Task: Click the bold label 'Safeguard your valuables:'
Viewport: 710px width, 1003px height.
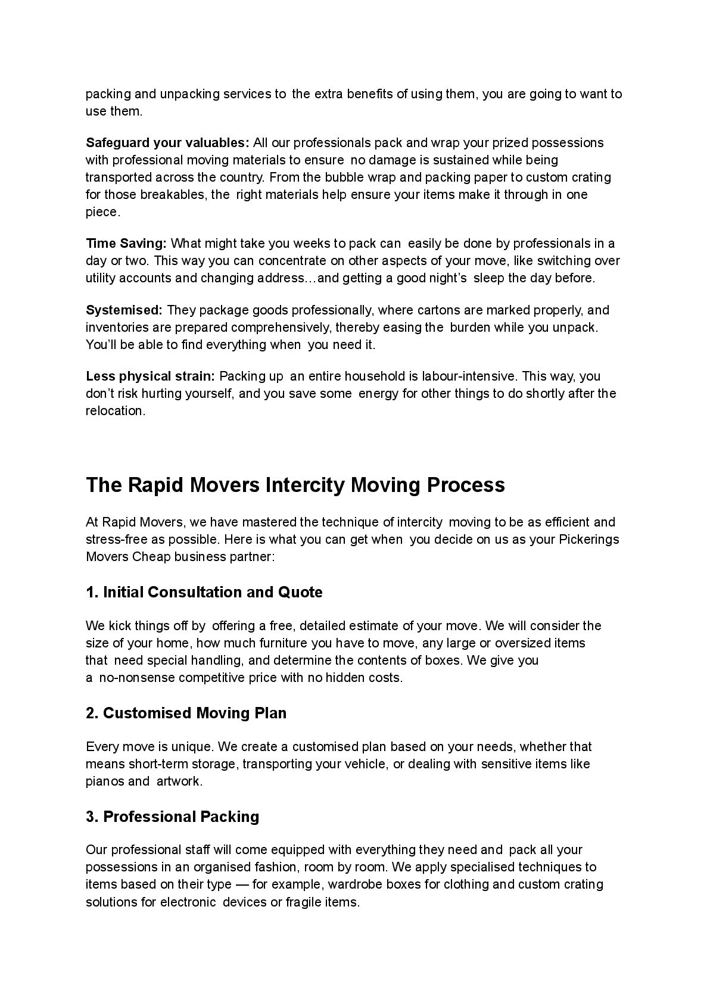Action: tap(167, 143)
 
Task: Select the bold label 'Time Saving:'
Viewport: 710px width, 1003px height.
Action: tap(126, 244)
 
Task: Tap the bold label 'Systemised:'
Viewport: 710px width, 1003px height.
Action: tap(124, 310)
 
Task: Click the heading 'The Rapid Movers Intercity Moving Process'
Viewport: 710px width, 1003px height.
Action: tap(295, 485)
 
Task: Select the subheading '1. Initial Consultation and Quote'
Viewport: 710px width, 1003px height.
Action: tap(204, 592)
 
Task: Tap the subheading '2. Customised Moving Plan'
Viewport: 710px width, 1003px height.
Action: tap(186, 713)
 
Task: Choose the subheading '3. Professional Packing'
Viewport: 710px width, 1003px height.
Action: tap(173, 817)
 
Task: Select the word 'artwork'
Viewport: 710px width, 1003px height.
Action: tap(179, 781)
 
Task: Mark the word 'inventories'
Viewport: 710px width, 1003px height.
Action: tap(114, 328)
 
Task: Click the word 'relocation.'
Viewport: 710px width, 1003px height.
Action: tap(116, 411)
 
